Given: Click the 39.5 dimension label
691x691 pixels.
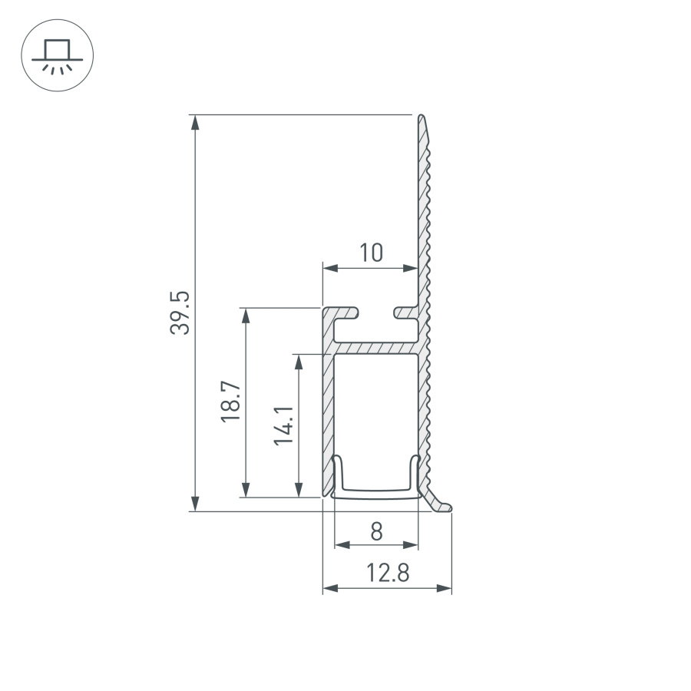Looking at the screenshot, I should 179,312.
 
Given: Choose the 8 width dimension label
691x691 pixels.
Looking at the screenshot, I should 376,531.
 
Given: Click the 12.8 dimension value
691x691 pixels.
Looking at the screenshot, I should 387,573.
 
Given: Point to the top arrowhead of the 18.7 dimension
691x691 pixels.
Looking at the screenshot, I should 246,316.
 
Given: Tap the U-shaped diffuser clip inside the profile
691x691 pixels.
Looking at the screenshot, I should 376,489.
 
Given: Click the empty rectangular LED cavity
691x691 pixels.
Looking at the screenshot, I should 376,407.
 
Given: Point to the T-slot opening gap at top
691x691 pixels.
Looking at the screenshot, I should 376,312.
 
